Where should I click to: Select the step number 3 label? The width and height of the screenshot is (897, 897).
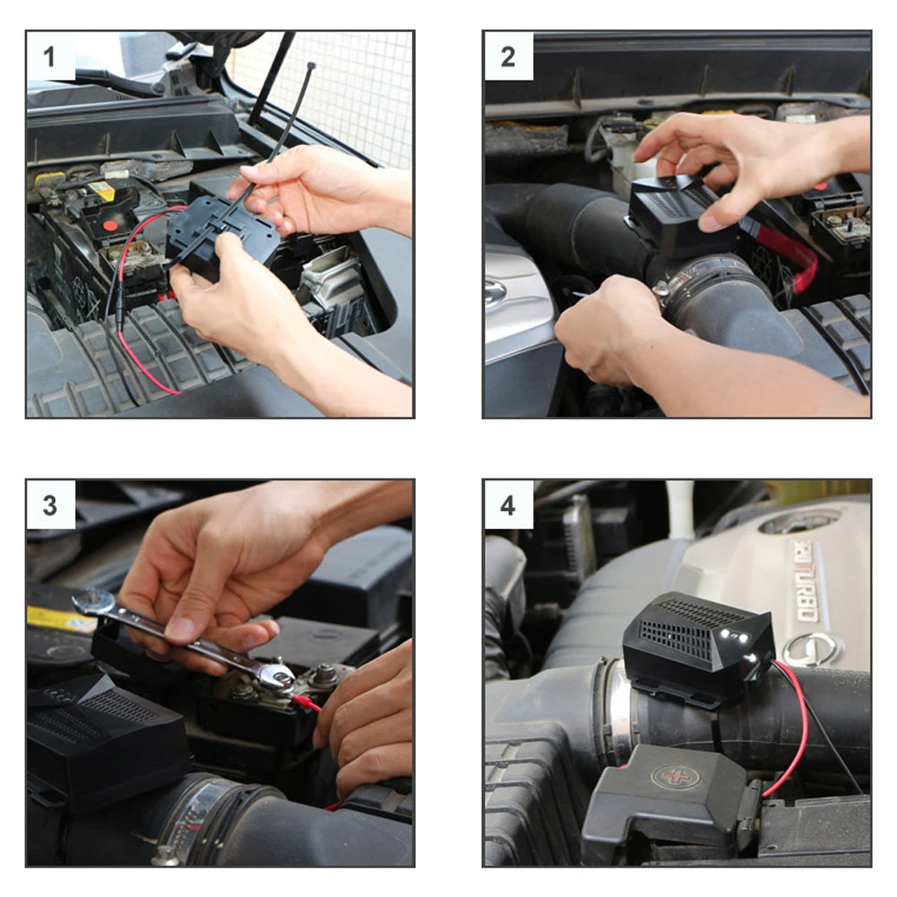click(50, 505)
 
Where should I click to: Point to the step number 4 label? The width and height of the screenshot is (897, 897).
click(508, 505)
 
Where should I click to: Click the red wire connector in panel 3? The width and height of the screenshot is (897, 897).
click(305, 702)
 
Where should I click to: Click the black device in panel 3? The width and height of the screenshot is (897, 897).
click(103, 735)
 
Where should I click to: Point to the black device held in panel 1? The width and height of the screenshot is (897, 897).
click(224, 237)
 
